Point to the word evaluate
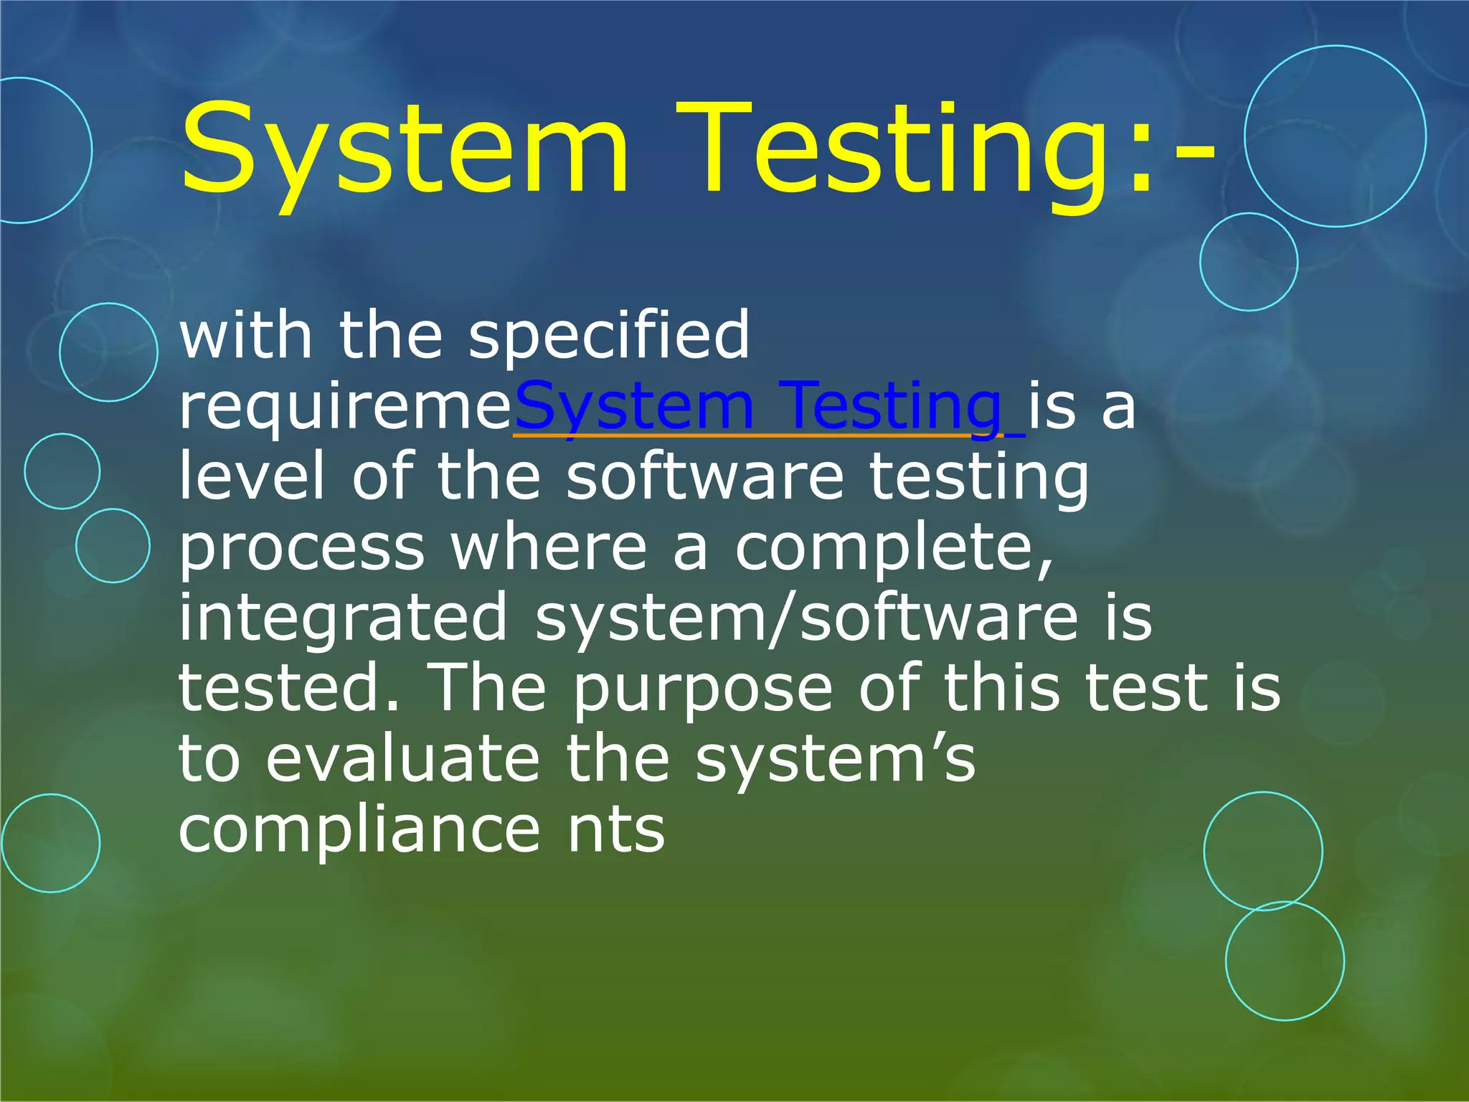[x=402, y=759]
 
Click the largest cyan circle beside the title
[x=1335, y=136]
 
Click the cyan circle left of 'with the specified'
[x=108, y=352]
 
